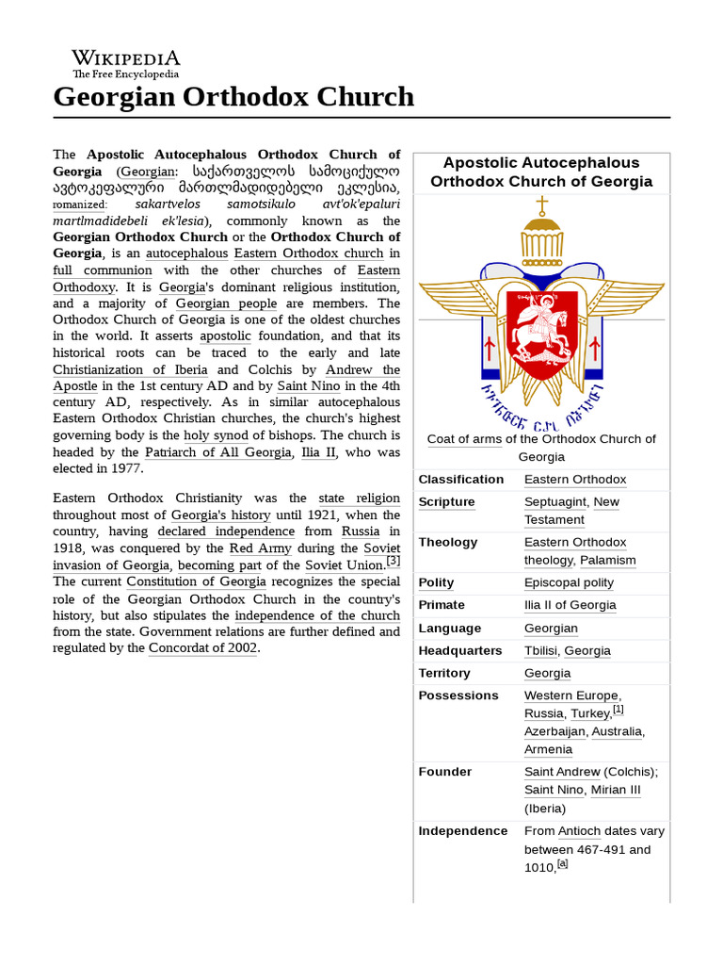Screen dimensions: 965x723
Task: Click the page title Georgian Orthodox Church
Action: (233, 96)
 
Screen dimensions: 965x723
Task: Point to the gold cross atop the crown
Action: (541, 205)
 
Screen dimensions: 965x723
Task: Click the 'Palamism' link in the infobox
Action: (607, 560)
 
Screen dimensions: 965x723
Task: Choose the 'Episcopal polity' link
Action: (569, 582)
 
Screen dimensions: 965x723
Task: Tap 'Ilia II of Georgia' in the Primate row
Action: (570, 605)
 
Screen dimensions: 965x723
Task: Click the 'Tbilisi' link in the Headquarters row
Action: (541, 650)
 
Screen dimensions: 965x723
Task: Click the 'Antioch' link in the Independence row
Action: (579, 830)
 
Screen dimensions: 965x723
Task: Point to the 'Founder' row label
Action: (445, 771)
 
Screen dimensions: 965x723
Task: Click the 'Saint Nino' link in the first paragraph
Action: (309, 385)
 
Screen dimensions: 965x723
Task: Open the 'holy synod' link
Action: (217, 435)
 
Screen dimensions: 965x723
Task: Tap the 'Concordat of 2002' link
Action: (202, 647)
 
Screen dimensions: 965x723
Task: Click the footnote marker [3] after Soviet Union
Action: (394, 562)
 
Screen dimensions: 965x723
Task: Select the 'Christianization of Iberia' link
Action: (132, 369)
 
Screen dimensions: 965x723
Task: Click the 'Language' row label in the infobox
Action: (449, 628)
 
